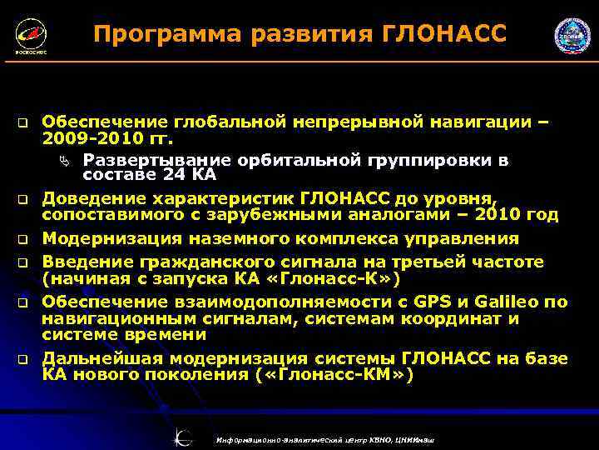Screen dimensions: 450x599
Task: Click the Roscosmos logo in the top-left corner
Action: (30, 36)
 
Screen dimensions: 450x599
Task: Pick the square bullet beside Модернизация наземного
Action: (25, 239)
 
